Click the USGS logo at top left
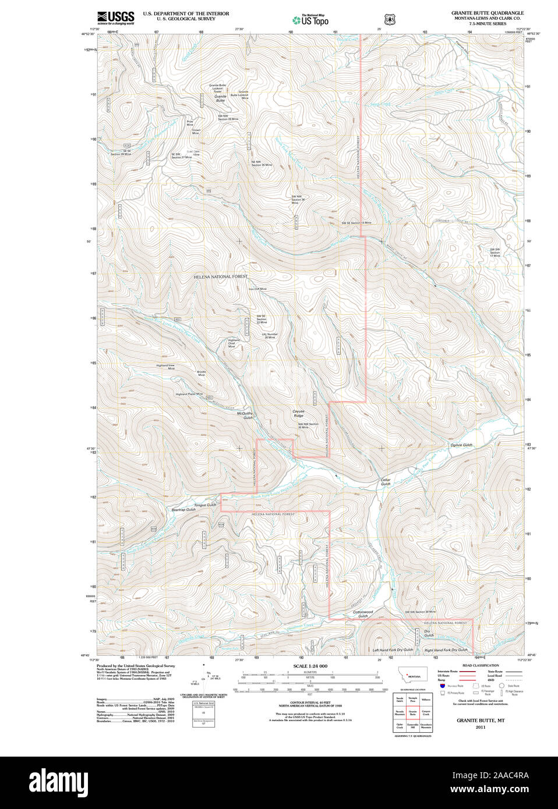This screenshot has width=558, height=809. pos(115,17)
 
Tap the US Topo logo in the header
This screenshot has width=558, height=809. pos(310,20)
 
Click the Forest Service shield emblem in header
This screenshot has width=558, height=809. pos(390,20)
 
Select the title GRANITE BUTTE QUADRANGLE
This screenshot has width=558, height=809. pos(487,13)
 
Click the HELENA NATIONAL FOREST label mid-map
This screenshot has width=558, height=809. pos(220,276)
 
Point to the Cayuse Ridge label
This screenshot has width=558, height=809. pos(298,413)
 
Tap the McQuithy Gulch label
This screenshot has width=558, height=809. pos(248,416)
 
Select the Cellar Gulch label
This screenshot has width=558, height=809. pos(386,482)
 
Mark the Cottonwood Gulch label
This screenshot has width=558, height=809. pos(363,613)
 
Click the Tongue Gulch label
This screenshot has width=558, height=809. pos(204,505)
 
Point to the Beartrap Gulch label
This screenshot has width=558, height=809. pos(183,510)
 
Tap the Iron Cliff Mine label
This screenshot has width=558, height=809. pos(257,289)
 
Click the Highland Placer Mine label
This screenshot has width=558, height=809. pos(189,394)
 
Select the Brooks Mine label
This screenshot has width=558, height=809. pos(201,373)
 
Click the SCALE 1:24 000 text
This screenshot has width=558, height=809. pos(310,666)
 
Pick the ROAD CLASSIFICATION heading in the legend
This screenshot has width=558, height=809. pos(481,665)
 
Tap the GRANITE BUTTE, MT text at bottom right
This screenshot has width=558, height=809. pos(480,720)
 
